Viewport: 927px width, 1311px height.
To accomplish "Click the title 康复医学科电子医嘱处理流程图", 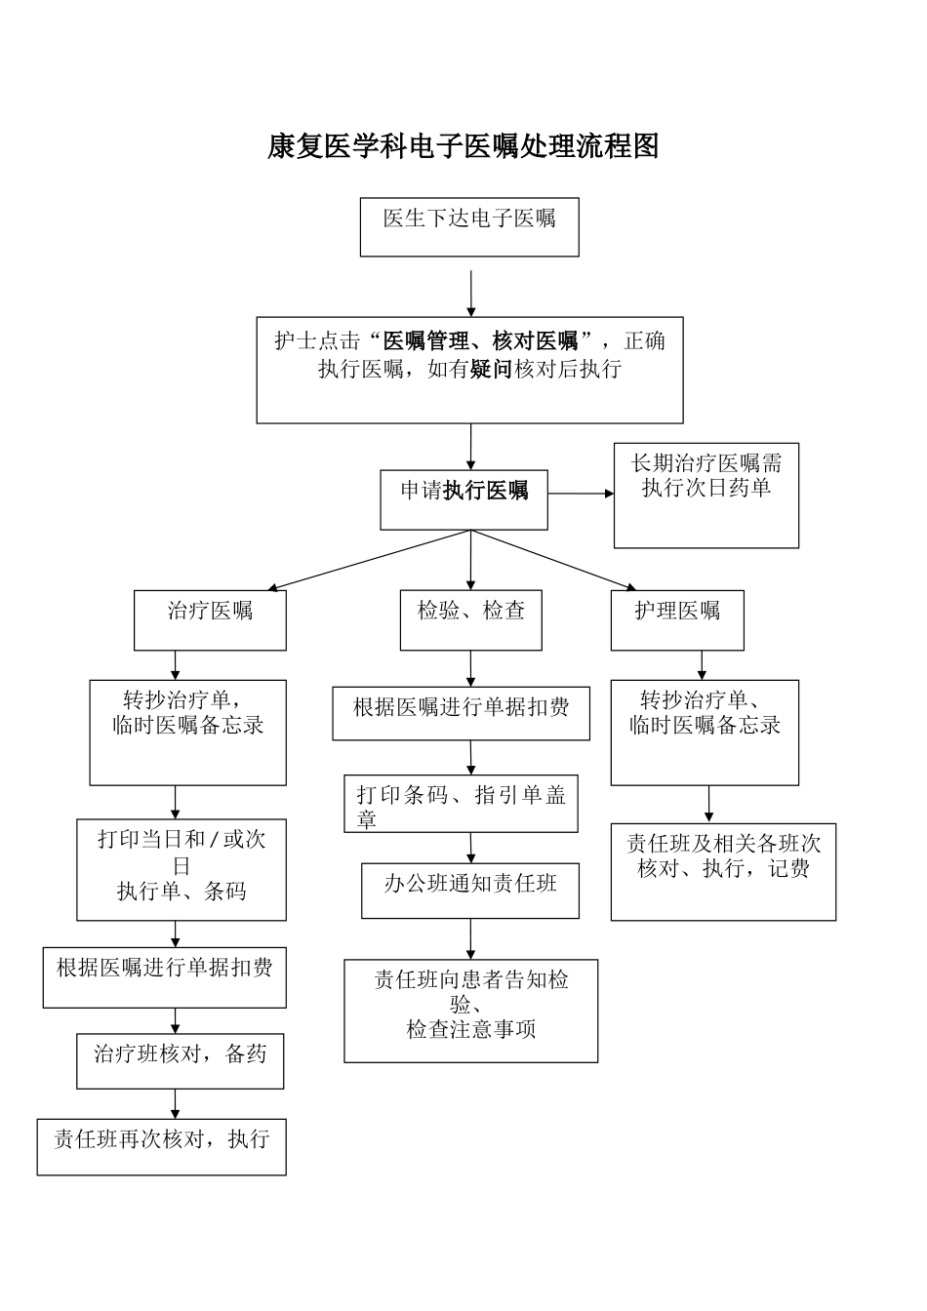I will point(463,146).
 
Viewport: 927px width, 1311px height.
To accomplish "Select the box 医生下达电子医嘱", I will point(469,227).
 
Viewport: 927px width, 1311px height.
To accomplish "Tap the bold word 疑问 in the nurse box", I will point(491,370).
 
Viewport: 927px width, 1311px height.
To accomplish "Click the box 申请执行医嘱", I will point(463,499).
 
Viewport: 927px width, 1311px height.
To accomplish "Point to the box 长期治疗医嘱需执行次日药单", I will point(705,496).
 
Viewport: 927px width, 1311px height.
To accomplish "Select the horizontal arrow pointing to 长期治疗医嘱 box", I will point(581,494).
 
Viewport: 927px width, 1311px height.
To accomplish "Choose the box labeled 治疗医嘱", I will point(210,620).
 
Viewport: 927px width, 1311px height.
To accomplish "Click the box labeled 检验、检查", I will point(471,620).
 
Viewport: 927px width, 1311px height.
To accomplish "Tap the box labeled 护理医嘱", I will point(677,620).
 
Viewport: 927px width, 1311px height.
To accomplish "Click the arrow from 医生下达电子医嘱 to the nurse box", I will point(471,293).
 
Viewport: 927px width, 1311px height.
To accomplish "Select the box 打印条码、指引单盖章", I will point(462,804).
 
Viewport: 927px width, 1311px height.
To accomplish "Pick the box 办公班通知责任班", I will point(470,891).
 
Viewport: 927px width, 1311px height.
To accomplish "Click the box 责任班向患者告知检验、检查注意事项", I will point(470,1011).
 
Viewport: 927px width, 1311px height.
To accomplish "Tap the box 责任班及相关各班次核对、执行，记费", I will point(723,871).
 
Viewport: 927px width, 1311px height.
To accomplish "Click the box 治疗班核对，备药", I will point(181,1060).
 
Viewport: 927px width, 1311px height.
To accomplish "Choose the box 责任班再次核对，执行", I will point(162,1147).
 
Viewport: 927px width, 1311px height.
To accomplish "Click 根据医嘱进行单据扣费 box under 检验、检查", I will point(461,713).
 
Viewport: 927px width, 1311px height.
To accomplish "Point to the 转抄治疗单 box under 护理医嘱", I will point(705,732).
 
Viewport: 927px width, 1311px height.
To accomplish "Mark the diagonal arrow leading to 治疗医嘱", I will point(371,561).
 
